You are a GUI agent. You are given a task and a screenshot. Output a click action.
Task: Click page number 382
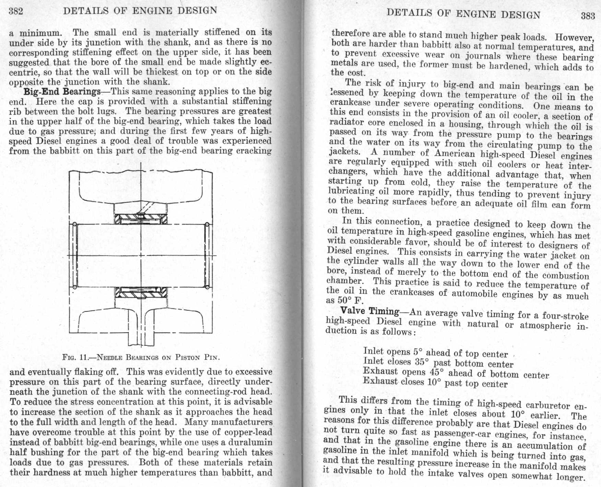pyautogui.click(x=16, y=11)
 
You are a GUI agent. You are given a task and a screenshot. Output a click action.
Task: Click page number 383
pyautogui.click(x=588, y=16)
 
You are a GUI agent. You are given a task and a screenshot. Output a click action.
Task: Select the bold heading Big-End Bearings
pyautogui.click(x=62, y=92)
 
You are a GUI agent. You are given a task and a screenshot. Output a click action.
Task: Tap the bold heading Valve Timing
pyautogui.click(x=369, y=311)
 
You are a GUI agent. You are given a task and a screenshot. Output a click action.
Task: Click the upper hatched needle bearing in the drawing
pyautogui.click(x=141, y=219)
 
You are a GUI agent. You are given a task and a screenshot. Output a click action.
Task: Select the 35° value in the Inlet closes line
pyautogui.click(x=422, y=362)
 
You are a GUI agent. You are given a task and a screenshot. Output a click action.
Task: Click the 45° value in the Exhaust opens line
pyautogui.click(x=437, y=372)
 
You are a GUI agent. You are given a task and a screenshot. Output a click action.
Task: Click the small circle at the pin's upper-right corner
pyautogui.click(x=207, y=225)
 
